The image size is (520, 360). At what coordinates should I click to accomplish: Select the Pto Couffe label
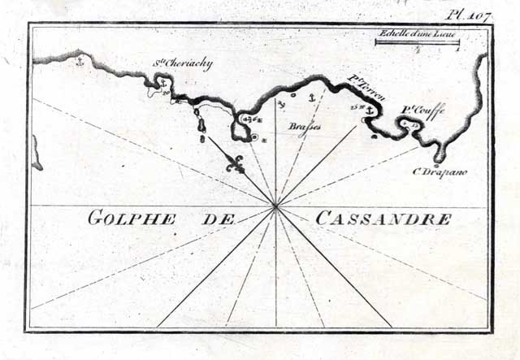tap(423, 112)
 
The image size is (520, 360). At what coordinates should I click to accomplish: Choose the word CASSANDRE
tap(382, 218)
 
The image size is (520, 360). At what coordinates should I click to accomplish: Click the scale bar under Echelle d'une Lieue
tap(418, 42)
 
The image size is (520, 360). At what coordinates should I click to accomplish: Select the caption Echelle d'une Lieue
tap(417, 33)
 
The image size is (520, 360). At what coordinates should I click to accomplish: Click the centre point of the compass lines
tap(276, 206)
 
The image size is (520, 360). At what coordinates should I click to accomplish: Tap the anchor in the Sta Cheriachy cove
tap(162, 84)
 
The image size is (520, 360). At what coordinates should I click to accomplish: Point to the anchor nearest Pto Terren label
tap(370, 111)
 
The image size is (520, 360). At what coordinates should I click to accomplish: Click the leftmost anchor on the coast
tap(80, 59)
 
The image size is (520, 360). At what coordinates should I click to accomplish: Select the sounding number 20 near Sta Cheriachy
tap(165, 94)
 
